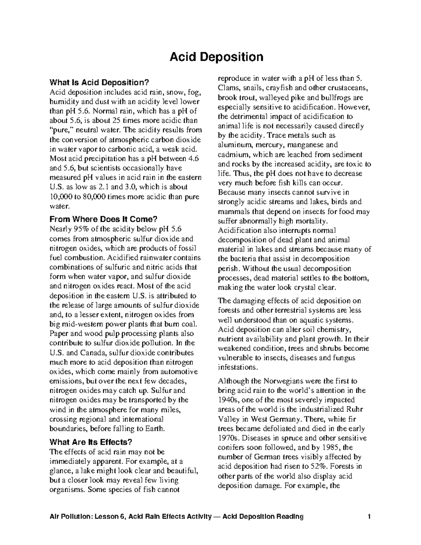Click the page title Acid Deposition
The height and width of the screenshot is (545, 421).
[216, 57]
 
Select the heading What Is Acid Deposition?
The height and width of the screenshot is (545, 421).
[99, 83]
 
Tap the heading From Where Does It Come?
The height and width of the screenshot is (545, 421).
[103, 219]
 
